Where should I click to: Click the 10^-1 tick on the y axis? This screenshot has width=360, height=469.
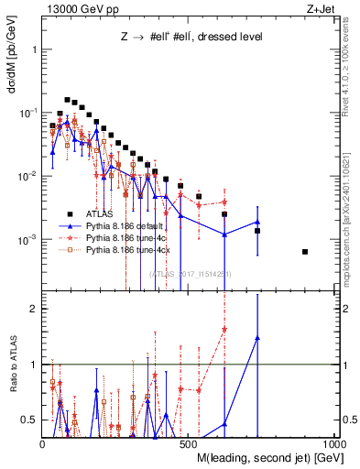tap(29, 112)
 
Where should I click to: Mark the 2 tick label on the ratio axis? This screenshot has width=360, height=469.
tap(34, 309)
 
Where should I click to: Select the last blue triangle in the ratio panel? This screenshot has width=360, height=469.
tap(257, 338)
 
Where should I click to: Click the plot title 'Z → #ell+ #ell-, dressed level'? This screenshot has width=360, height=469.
tap(169, 38)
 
